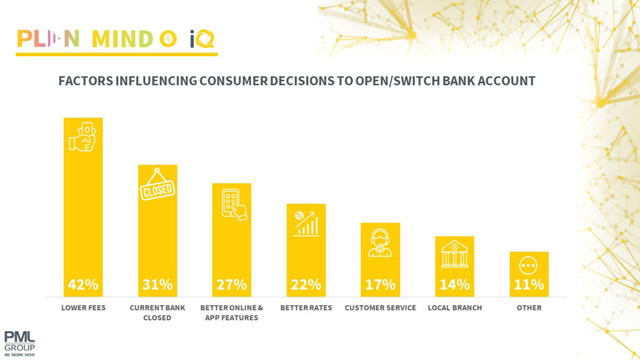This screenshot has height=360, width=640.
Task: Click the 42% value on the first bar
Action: click(83, 284)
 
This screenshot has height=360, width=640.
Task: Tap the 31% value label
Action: click(157, 284)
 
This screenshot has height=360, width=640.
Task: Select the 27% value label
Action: click(231, 284)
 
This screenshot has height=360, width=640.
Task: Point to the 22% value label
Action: click(306, 284)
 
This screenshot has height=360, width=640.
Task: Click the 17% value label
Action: click(380, 284)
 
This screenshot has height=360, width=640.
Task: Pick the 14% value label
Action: click(454, 284)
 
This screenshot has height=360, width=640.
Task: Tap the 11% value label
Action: click(529, 284)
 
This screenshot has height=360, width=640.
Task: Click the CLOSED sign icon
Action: click(157, 186)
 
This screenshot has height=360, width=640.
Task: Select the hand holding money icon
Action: click(83, 137)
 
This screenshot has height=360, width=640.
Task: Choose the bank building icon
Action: click(454, 254)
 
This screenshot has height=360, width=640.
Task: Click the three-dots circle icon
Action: click(529, 266)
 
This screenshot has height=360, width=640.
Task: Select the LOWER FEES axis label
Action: click(83, 308)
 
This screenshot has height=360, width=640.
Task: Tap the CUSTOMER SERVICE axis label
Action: click(380, 308)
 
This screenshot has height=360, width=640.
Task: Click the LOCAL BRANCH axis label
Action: click(454, 308)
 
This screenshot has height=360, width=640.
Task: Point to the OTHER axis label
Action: click(529, 308)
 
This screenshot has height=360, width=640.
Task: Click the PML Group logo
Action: click(19, 342)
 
